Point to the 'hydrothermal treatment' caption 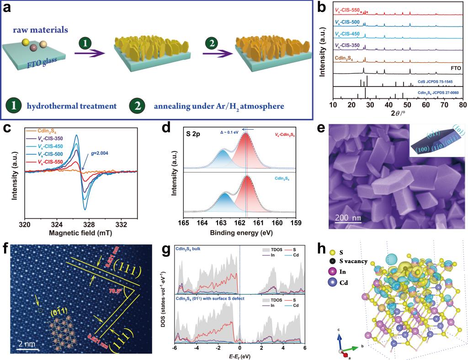[x=71, y=106]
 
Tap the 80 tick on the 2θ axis [x=463, y=105]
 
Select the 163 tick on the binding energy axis [x=221, y=223]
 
